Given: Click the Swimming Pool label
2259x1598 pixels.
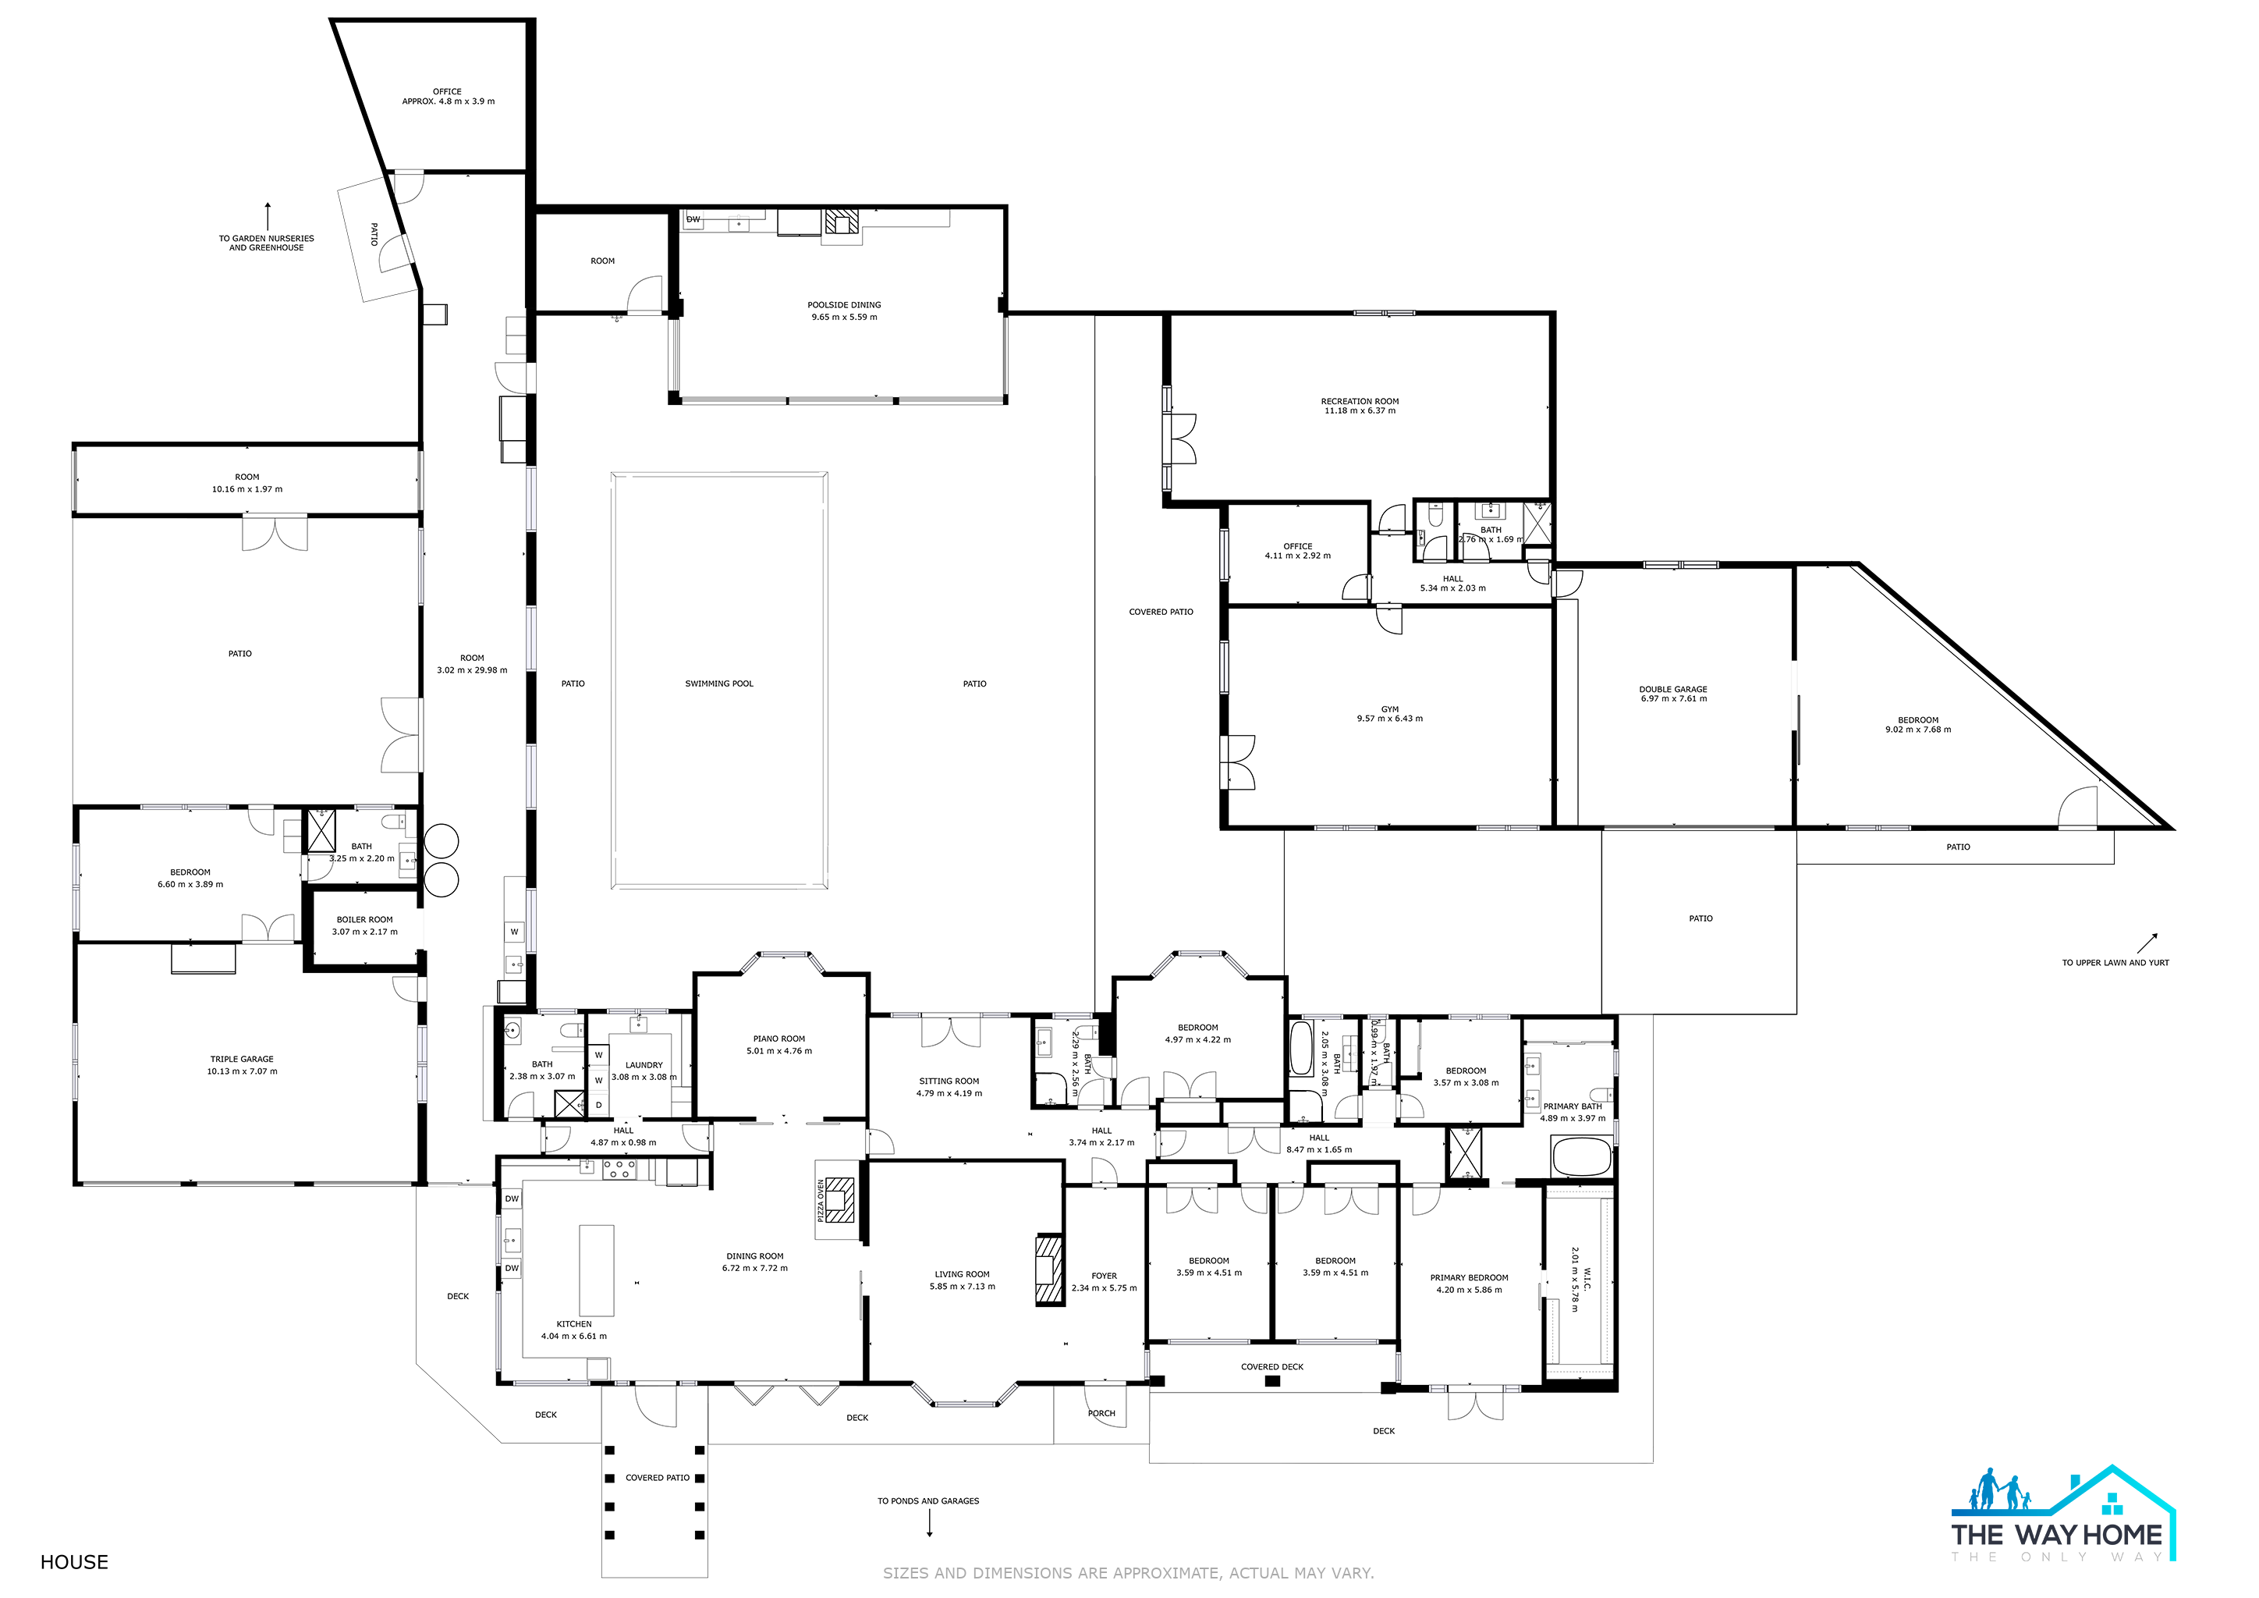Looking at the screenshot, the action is (x=719, y=684).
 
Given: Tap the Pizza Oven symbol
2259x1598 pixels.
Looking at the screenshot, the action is (x=840, y=1199).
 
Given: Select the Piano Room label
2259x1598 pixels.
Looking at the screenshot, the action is (x=779, y=1038).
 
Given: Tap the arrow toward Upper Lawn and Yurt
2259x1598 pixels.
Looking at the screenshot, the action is (x=2147, y=943).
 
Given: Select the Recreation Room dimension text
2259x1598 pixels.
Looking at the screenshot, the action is (x=1360, y=411).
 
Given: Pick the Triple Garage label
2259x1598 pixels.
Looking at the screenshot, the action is (x=242, y=1059).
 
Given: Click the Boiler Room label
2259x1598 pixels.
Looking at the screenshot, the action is (x=365, y=919).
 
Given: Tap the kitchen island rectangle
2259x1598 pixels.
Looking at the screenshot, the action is (x=596, y=1270).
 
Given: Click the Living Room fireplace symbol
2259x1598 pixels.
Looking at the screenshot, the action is (x=1050, y=1270).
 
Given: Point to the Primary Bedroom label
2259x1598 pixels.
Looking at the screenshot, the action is (x=1469, y=1277).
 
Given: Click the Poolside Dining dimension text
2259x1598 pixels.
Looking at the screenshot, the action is (x=844, y=317).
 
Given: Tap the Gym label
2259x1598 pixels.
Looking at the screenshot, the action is (x=1389, y=708).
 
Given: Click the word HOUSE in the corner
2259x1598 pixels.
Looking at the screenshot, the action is (x=75, y=1561).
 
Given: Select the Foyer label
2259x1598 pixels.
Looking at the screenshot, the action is (x=1104, y=1275).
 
